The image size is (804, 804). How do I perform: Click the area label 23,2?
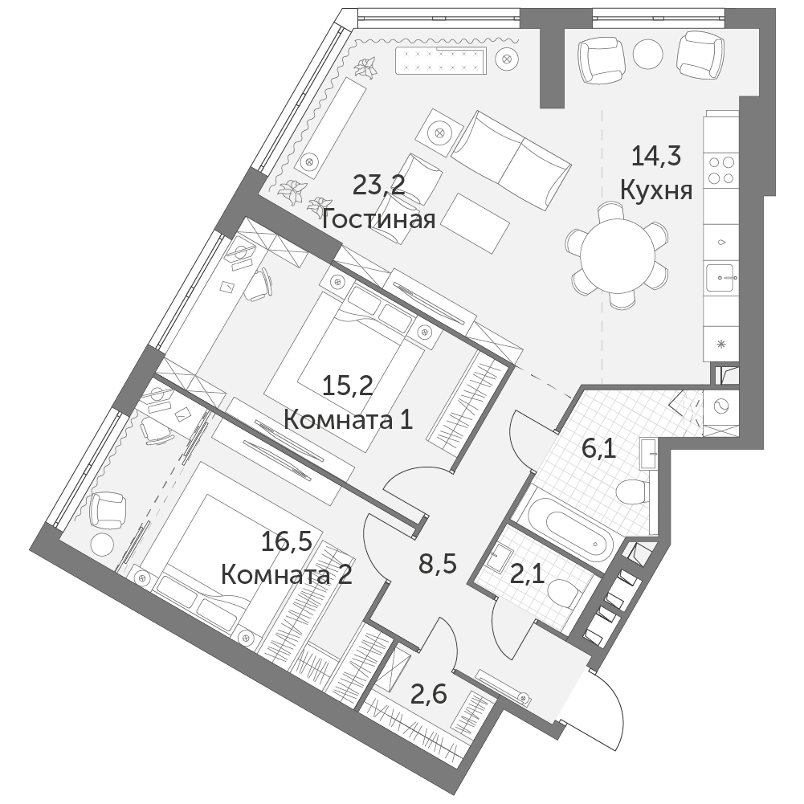[379, 185]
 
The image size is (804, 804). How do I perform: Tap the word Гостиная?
[379, 219]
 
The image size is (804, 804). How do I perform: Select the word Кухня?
[656, 190]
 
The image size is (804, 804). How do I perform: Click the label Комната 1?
[348, 420]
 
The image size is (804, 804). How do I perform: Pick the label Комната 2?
[287, 575]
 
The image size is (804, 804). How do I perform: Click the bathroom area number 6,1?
[598, 449]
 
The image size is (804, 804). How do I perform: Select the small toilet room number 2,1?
[527, 575]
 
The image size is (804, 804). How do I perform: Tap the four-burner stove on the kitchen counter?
[720, 170]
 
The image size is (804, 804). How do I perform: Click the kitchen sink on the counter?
[721, 277]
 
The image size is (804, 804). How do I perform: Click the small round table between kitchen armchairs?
[647, 53]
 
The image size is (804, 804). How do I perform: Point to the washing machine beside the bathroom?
[721, 406]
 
